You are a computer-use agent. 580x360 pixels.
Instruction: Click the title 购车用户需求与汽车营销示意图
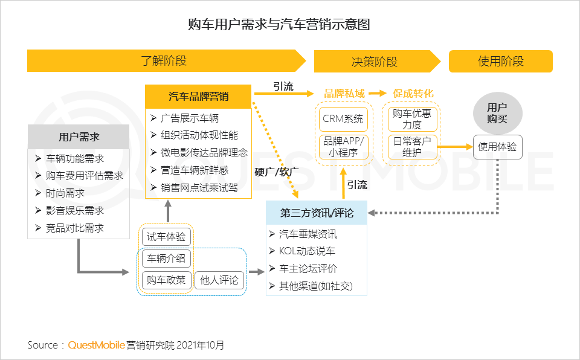[x=279, y=24]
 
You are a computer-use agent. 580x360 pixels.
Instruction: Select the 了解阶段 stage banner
[x=164, y=61]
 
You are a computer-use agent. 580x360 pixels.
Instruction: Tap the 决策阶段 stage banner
[x=375, y=62]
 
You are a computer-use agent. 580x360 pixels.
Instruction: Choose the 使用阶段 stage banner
[x=500, y=62]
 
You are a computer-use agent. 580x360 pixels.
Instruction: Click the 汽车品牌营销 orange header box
[x=198, y=97]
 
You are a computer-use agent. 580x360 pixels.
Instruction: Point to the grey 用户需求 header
[x=79, y=137]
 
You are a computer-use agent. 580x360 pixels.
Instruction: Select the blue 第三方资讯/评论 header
[x=317, y=213]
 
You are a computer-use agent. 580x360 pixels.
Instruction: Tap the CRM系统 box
[x=343, y=119]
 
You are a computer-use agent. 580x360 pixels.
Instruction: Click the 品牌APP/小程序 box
[x=343, y=147]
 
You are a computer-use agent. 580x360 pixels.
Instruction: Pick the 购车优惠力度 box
[x=411, y=119]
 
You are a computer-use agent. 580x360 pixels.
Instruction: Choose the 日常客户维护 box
[x=411, y=147]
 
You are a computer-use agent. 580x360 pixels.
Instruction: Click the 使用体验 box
[x=497, y=147]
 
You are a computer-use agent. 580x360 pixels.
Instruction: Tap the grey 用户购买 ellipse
[x=497, y=113]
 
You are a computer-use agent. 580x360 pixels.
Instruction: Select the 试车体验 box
[x=166, y=237]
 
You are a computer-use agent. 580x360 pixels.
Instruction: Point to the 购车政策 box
[x=166, y=280]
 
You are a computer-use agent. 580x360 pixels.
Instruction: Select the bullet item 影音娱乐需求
[x=75, y=211]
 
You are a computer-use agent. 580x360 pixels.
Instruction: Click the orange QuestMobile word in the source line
[x=96, y=346]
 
